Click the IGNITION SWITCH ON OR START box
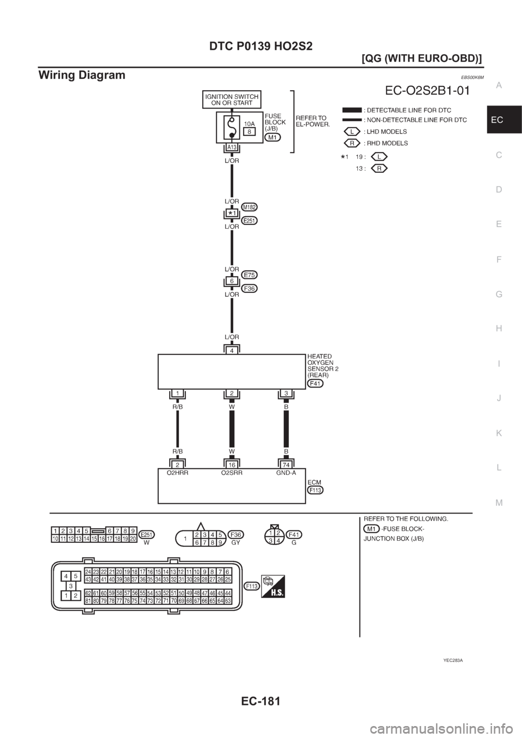(232, 100)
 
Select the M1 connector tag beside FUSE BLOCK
(273, 138)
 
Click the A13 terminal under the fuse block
(232, 148)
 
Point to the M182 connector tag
(250, 207)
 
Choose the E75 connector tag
(250, 275)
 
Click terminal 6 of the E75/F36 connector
(232, 282)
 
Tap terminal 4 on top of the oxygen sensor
(232, 351)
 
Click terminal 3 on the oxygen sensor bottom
(286, 393)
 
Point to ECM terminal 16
(232, 465)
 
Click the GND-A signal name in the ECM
(286, 473)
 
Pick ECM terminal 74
(286, 465)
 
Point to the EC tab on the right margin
(503, 120)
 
